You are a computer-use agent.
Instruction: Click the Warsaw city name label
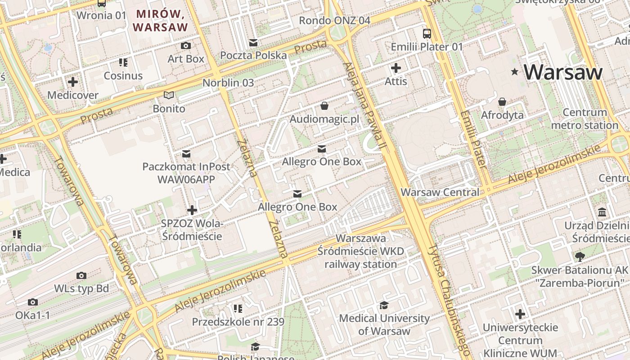[563, 72]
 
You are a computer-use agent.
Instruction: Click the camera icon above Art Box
[185, 45]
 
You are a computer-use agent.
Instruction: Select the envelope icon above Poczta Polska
[253, 43]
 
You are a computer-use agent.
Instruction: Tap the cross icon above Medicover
[72, 82]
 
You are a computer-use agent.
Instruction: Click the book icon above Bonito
[169, 95]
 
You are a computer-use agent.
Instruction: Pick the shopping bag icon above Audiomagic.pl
[324, 106]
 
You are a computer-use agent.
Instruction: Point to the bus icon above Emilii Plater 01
[427, 33]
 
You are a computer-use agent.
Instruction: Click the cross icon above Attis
[396, 68]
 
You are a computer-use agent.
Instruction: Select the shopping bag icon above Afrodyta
[502, 102]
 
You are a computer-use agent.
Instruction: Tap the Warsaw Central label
[440, 192]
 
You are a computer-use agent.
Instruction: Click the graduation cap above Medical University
[384, 306]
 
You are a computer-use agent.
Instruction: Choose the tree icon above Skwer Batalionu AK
[580, 257]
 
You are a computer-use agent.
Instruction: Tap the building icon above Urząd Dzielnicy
[602, 212]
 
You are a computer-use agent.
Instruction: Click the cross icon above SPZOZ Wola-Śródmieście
[192, 210]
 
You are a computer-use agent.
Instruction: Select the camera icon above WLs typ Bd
[81, 275]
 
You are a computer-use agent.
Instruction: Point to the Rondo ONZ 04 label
[334, 20]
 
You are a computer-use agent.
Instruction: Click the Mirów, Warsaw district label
[161, 20]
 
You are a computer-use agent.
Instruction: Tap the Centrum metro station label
[585, 119]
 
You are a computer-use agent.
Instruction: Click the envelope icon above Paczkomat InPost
[186, 154]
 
